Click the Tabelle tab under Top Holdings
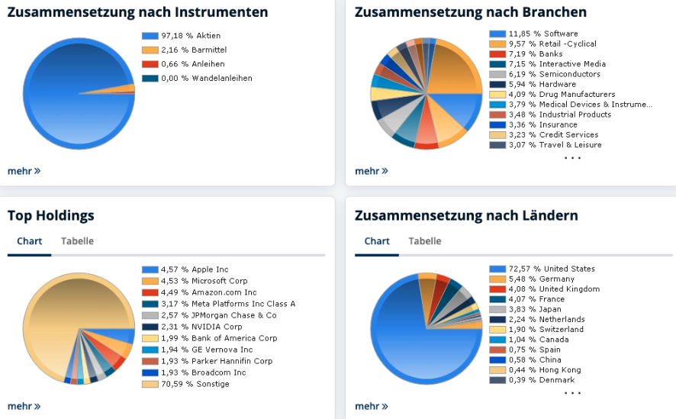coord(77,241)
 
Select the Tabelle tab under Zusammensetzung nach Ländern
coord(424,241)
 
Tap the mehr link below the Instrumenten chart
coord(24,171)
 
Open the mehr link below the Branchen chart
coord(371,171)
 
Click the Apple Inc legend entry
coord(195,269)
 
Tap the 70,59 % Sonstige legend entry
coord(195,384)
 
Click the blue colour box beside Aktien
coord(150,36)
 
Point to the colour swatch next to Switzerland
coord(497,330)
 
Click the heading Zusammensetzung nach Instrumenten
coord(137,12)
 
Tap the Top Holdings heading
coord(50,216)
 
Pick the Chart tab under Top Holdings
coord(30,241)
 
